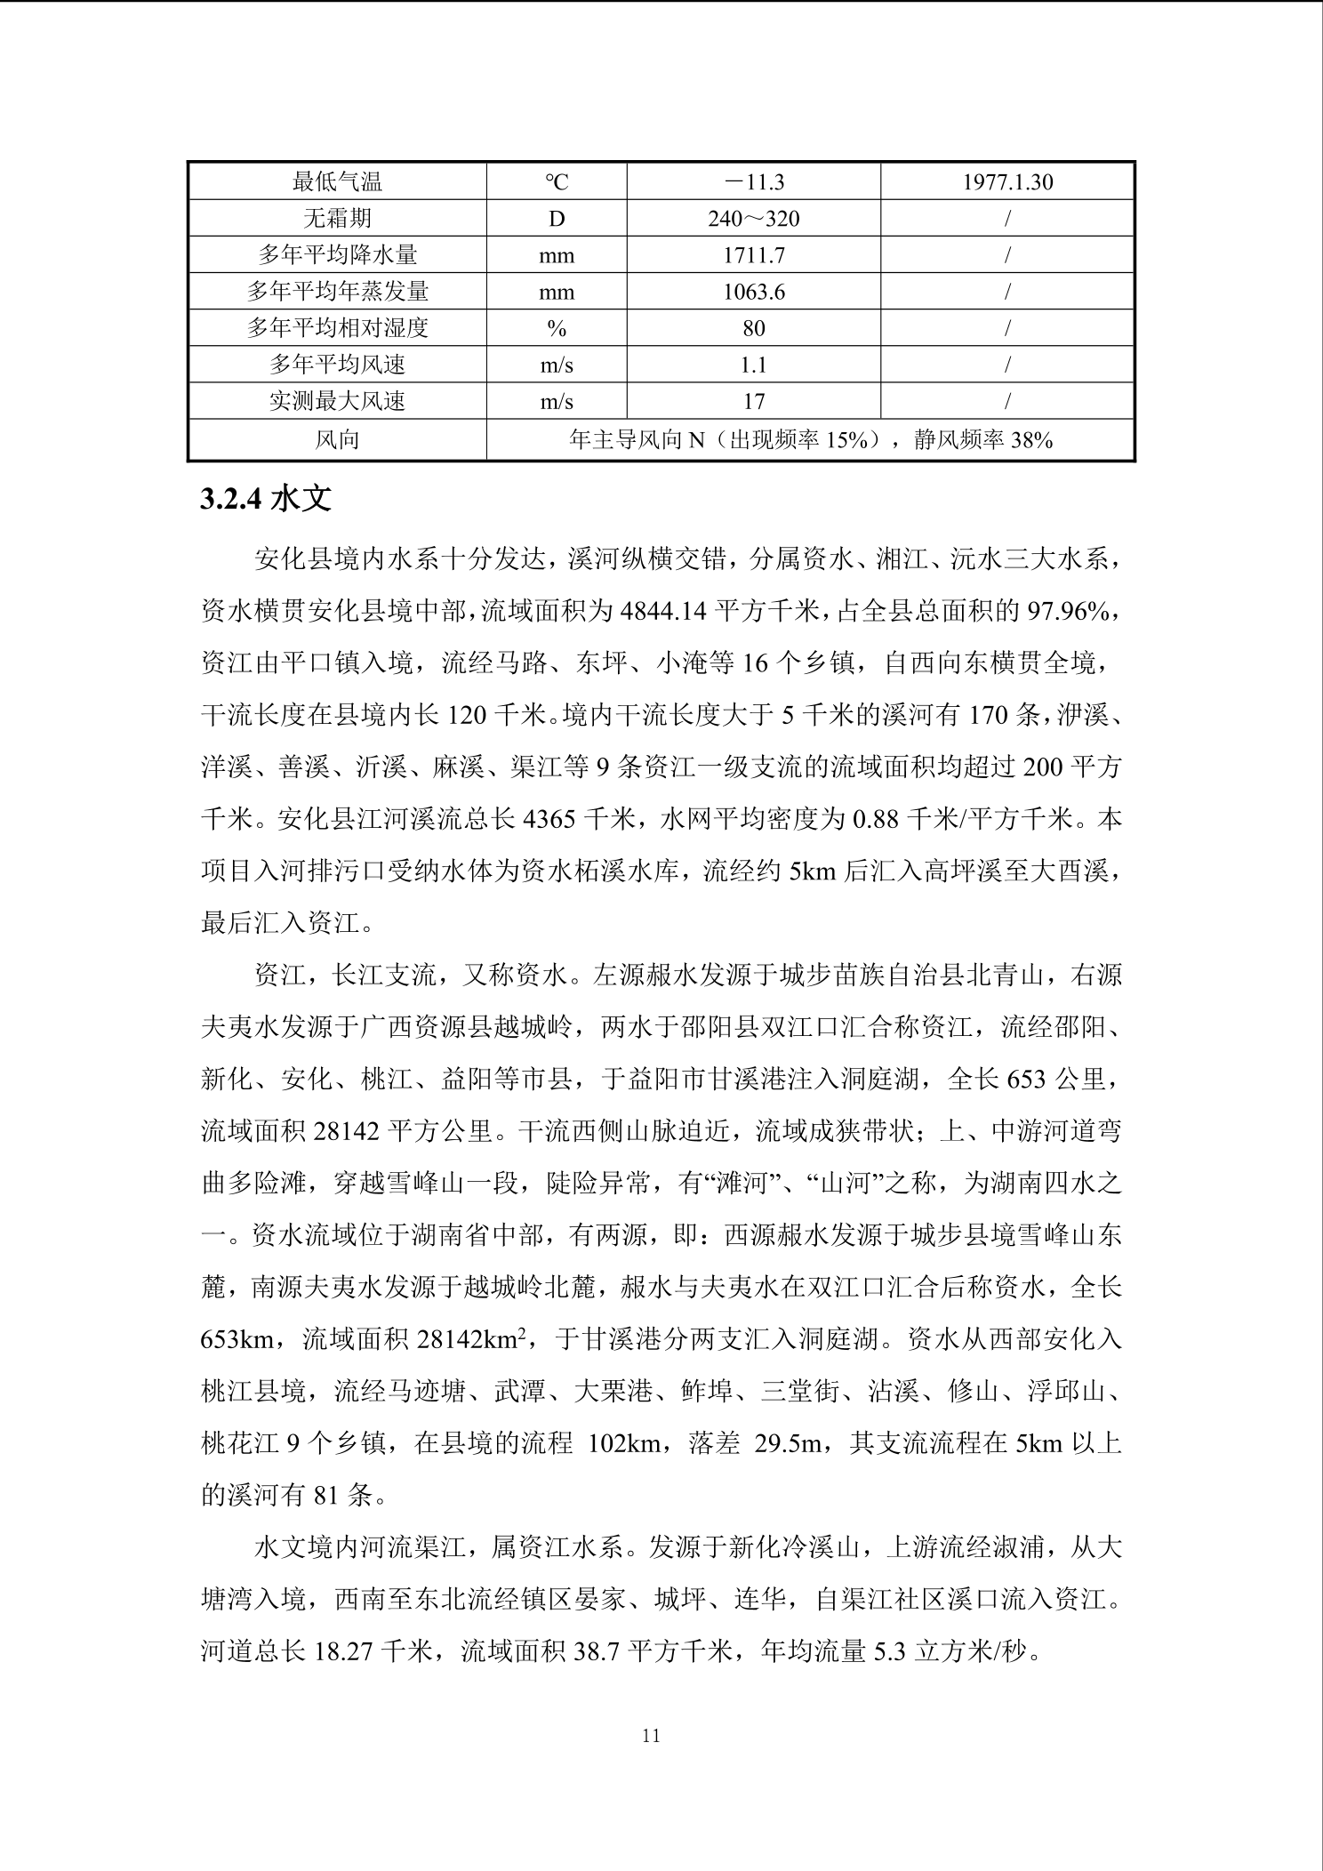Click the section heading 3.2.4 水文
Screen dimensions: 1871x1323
(266, 499)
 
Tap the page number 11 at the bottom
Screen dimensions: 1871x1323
(651, 1735)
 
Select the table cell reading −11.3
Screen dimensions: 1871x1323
(753, 182)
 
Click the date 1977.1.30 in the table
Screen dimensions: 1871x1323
(1006, 182)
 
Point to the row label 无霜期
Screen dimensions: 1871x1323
(337, 219)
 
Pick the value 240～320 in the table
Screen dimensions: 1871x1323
(753, 219)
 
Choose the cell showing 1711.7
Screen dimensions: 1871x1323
(753, 255)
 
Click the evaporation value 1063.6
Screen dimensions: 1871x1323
(753, 292)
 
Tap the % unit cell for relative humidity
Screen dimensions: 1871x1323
(557, 328)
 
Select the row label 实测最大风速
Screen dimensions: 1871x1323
(337, 401)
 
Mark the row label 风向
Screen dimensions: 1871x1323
(337, 439)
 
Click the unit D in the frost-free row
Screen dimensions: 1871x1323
(557, 219)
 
